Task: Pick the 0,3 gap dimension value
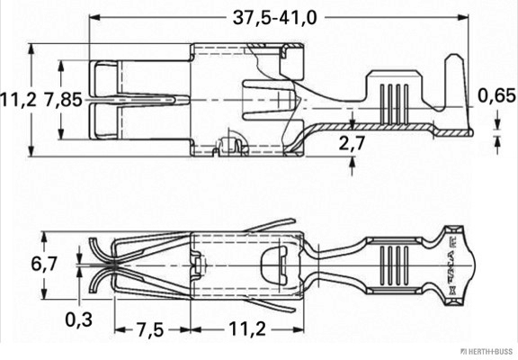pos(79,316)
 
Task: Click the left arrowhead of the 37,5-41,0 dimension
pos(94,17)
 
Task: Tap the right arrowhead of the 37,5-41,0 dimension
pos(467,17)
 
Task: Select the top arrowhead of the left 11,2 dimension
pos(31,49)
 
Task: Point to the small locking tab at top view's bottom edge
pos(231,145)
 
